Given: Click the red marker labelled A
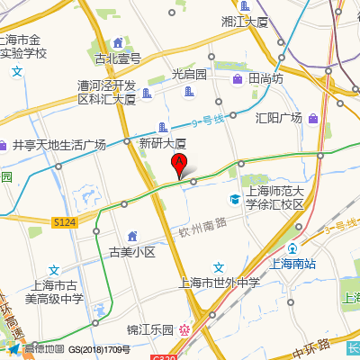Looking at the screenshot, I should click(x=179, y=166).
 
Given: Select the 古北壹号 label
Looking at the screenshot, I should click(x=118, y=58).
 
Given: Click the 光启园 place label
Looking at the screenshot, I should click(x=189, y=74).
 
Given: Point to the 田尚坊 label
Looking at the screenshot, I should click(x=265, y=78).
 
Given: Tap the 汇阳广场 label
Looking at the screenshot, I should click(x=278, y=118).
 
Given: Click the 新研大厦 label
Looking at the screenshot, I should click(x=162, y=143).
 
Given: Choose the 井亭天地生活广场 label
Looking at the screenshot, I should click(x=58, y=145).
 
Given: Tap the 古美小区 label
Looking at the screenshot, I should click(x=132, y=252).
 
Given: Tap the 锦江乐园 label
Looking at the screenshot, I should click(x=149, y=329).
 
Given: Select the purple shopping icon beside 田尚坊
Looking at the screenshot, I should click(x=238, y=79).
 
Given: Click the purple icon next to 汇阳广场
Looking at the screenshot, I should click(x=312, y=118).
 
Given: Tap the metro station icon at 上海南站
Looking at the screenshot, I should click(x=292, y=248).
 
